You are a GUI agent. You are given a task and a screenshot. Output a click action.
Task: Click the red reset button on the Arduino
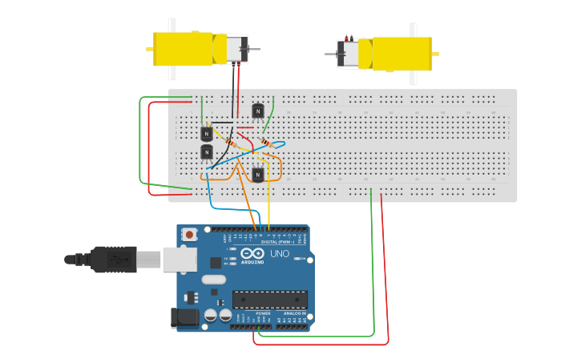pos(190,234)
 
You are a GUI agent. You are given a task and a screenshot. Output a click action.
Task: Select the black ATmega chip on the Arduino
pos(270,299)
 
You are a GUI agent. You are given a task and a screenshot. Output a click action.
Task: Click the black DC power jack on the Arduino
pos(184,318)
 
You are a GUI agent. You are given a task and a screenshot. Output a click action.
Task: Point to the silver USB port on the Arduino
pos(180,259)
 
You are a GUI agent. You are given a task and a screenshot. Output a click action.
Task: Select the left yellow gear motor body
pos(183,49)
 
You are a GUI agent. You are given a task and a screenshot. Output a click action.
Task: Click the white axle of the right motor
pos(414,54)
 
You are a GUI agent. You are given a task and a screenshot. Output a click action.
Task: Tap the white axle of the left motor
pos(171,49)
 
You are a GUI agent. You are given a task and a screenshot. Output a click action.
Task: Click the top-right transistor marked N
pos(257,111)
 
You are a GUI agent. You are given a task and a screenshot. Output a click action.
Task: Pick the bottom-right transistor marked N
pos(257,174)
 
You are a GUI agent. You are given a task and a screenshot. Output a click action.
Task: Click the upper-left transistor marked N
pos(207,133)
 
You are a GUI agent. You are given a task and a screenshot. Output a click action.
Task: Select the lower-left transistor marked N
pos(207,151)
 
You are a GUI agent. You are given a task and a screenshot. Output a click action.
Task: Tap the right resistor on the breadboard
pos(264,142)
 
